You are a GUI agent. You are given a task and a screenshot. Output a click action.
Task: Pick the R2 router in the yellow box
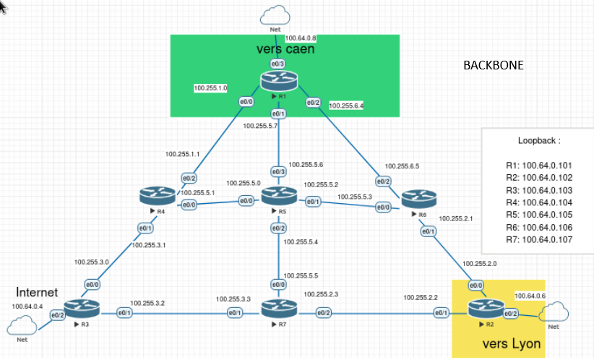(481, 311)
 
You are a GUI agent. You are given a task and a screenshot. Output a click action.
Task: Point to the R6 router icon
(419, 199)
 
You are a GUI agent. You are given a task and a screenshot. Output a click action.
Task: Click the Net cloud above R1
(275, 15)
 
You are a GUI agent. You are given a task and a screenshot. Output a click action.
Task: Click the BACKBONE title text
(493, 65)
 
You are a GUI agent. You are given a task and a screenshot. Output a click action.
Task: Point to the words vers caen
(285, 49)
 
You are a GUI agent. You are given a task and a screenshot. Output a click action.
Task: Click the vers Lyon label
(510, 344)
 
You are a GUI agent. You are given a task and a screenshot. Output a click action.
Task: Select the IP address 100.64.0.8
(301, 38)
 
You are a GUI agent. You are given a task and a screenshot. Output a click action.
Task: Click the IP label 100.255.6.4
(345, 106)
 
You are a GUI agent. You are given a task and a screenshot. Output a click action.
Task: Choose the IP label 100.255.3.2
(147, 304)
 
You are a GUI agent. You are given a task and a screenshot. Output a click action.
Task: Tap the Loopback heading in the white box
(538, 141)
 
